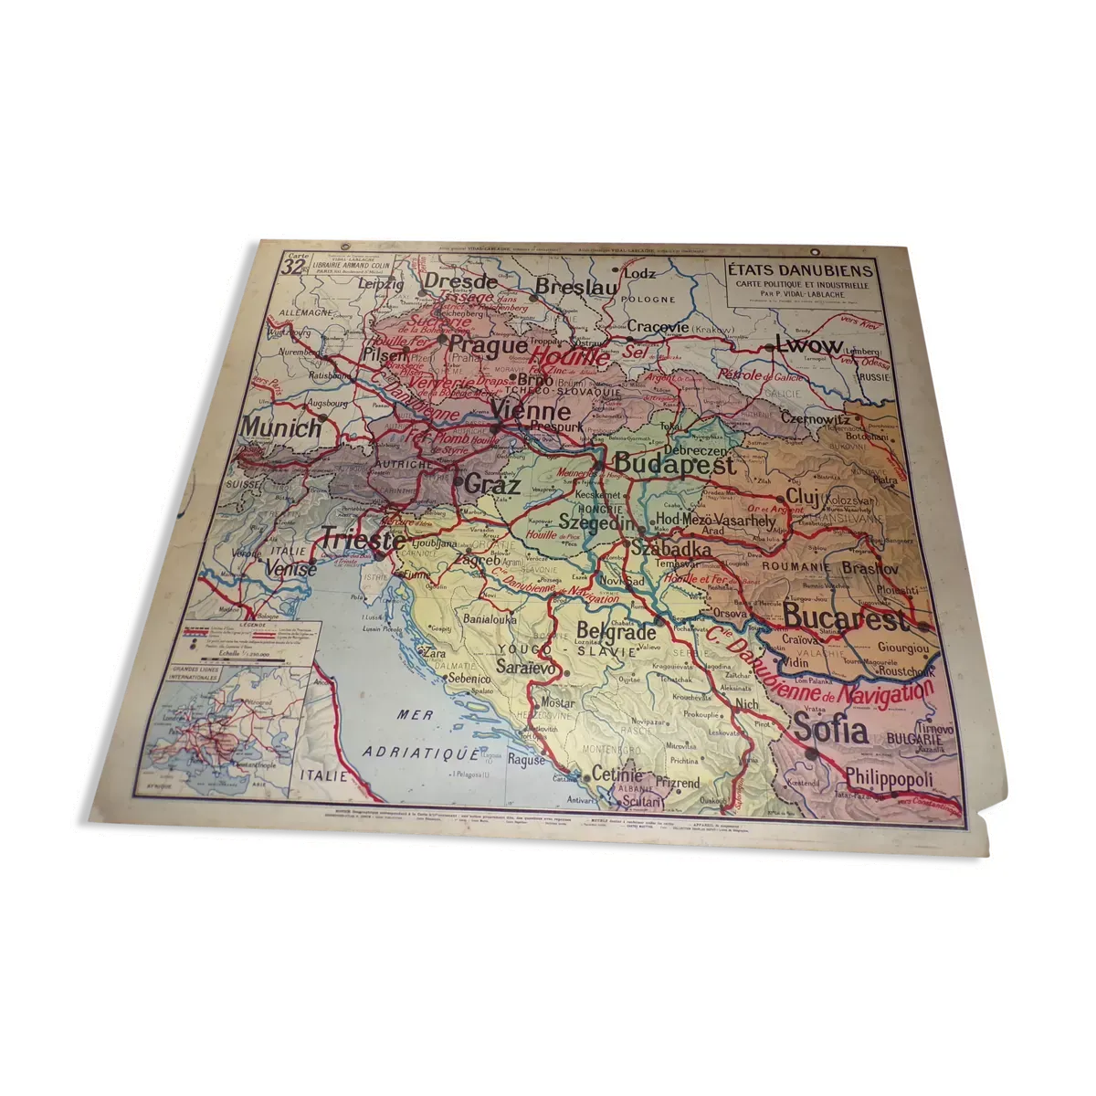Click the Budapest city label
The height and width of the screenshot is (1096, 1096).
(x=673, y=464)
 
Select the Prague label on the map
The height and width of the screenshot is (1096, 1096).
(x=489, y=346)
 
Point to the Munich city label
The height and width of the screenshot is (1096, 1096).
(x=281, y=427)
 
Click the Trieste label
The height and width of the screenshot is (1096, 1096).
(x=362, y=540)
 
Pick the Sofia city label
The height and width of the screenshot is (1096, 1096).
(x=829, y=730)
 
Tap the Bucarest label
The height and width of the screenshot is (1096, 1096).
(x=846, y=618)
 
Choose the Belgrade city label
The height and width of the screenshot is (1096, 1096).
(x=616, y=632)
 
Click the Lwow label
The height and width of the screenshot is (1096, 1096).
(x=807, y=344)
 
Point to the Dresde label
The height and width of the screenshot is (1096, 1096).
(x=461, y=281)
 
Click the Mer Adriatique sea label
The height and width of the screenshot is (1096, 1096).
(x=421, y=736)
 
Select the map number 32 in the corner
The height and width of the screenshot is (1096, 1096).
(x=292, y=268)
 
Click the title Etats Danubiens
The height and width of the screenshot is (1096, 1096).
(x=800, y=270)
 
